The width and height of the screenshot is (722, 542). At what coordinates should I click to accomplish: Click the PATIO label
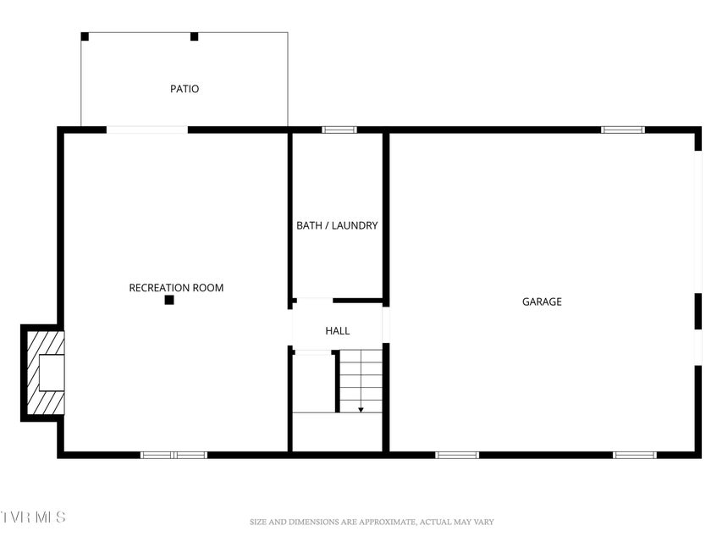(x=185, y=88)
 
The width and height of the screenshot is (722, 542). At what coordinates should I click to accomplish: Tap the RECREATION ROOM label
(x=176, y=288)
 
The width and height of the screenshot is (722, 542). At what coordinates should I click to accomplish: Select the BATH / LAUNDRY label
(x=337, y=225)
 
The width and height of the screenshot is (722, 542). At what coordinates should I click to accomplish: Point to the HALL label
(x=338, y=330)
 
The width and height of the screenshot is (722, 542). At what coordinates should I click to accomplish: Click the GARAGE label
(x=542, y=301)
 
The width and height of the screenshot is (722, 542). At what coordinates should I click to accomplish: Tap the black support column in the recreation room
(x=169, y=300)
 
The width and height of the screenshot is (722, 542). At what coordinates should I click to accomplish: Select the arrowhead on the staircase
(x=361, y=410)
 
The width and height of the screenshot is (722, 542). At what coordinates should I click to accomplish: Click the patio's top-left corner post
(x=85, y=36)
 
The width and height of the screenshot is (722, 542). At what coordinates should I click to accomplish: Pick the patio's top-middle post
(x=195, y=36)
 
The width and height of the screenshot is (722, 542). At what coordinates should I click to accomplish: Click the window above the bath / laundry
(x=339, y=130)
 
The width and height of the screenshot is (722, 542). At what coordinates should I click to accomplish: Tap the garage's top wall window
(x=623, y=130)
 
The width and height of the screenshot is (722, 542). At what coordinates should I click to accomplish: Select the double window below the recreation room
(x=174, y=455)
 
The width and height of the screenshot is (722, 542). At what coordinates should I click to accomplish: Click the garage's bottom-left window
(x=457, y=455)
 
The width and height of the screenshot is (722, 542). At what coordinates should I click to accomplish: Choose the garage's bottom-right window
(x=635, y=455)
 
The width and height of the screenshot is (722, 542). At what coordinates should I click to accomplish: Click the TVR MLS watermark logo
(x=33, y=517)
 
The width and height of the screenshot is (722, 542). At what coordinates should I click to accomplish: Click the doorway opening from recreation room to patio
(x=147, y=130)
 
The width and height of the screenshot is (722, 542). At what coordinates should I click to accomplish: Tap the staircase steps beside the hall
(x=361, y=381)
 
